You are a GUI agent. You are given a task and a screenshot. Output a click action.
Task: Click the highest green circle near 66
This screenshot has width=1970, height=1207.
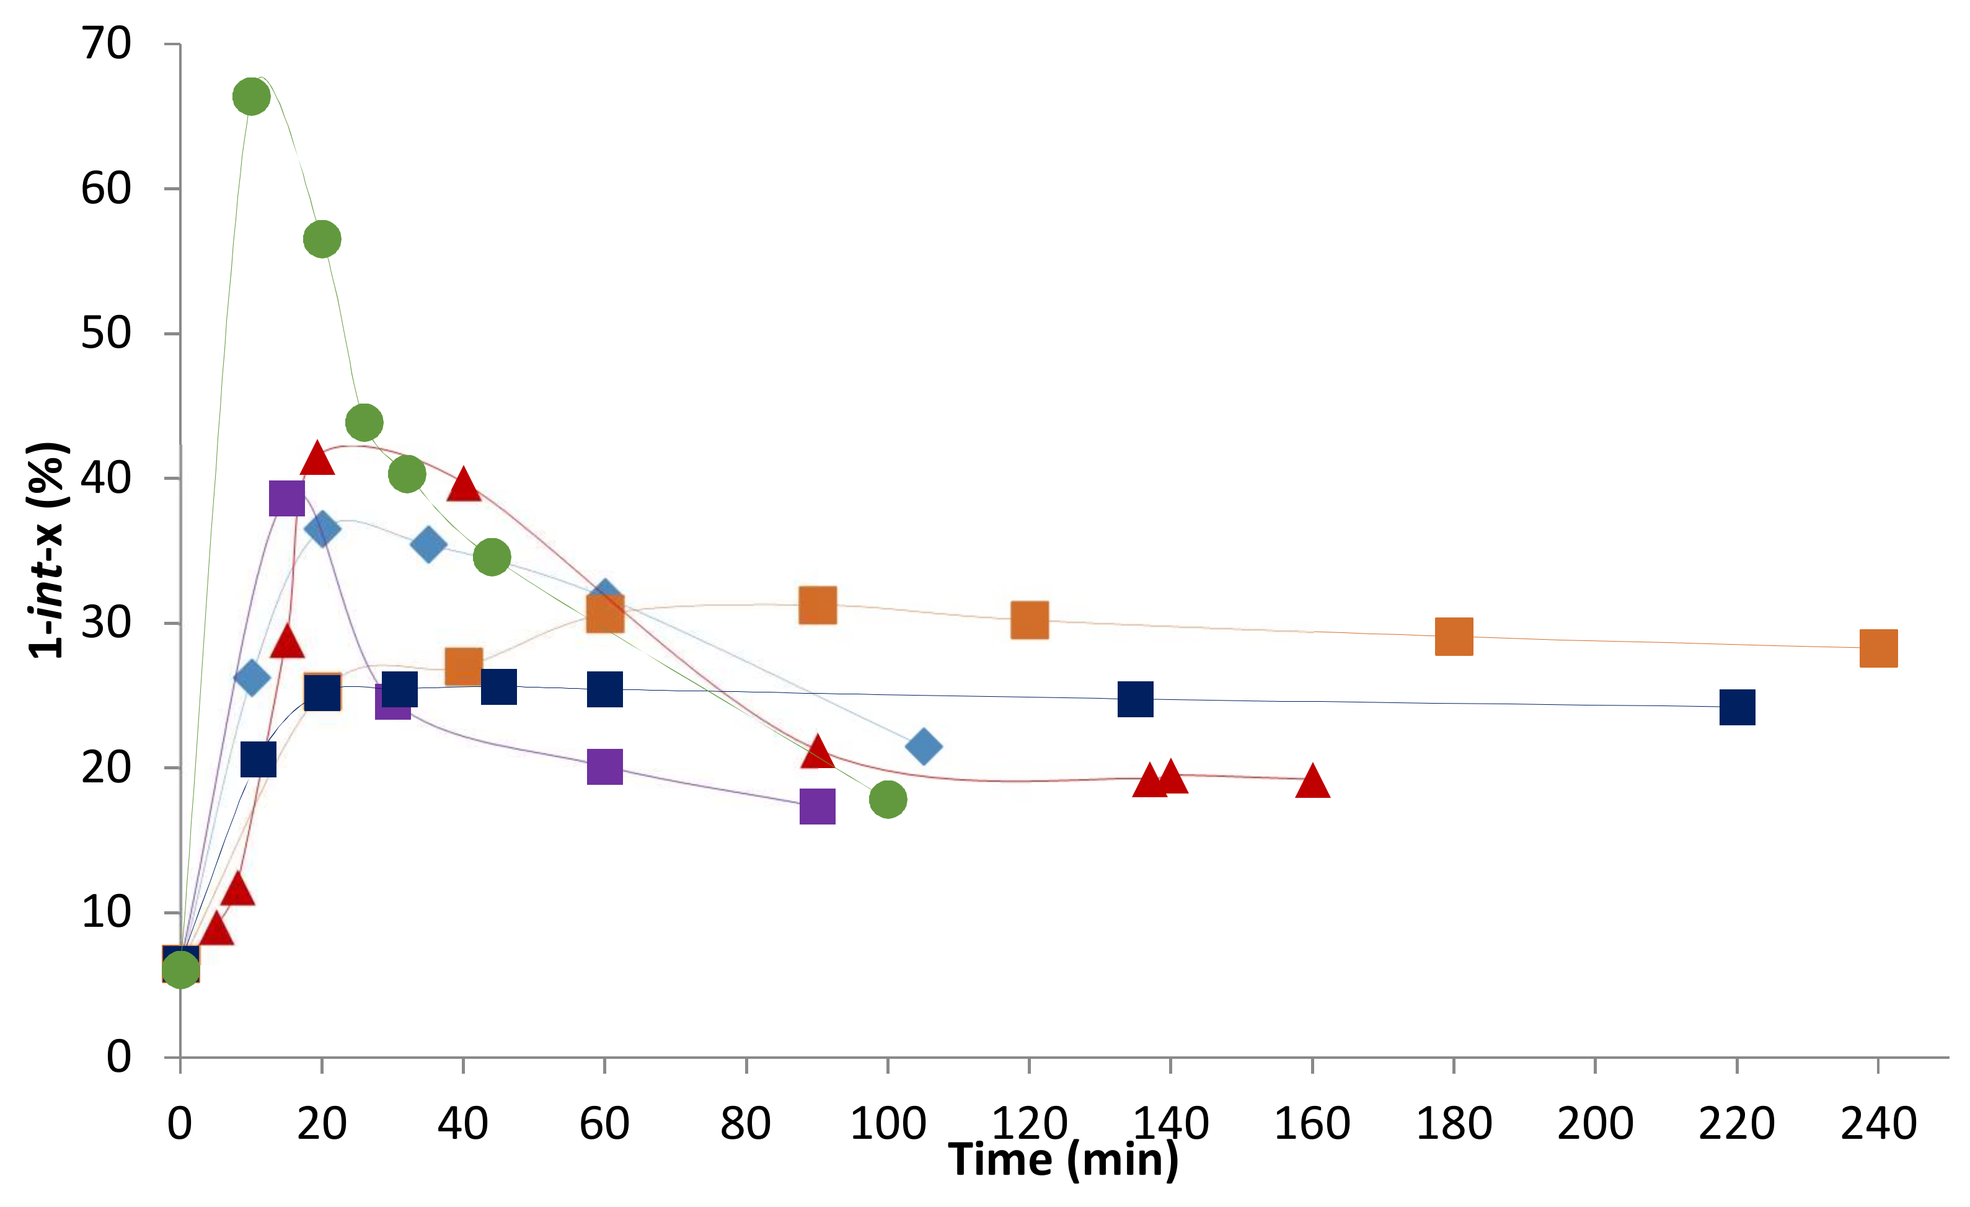click(251, 97)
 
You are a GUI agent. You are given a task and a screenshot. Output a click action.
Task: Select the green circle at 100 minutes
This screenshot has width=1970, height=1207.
click(888, 798)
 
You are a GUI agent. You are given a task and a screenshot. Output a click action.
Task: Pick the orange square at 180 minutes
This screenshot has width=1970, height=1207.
click(1454, 636)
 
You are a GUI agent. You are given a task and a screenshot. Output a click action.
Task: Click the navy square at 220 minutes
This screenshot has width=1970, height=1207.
click(1736, 707)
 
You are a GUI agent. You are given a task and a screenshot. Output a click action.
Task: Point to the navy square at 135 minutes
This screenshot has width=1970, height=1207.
click(1135, 699)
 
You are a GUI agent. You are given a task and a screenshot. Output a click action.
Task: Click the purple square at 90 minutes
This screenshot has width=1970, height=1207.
click(817, 807)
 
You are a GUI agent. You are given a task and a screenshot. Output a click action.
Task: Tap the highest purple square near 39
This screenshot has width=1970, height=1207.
click(287, 499)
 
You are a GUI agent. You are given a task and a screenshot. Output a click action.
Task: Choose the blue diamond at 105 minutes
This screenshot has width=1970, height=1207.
click(924, 746)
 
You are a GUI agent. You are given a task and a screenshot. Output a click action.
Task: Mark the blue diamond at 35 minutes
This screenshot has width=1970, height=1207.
click(428, 544)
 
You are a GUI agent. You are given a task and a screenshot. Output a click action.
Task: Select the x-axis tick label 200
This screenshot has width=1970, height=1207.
click(1595, 1123)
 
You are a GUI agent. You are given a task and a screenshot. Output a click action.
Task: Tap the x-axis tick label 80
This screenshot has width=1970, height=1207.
click(745, 1123)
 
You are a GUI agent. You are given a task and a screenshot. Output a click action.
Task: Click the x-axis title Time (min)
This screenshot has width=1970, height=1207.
click(1063, 1160)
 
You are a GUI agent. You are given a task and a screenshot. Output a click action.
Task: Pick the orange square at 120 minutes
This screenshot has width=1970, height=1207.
click(1029, 621)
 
